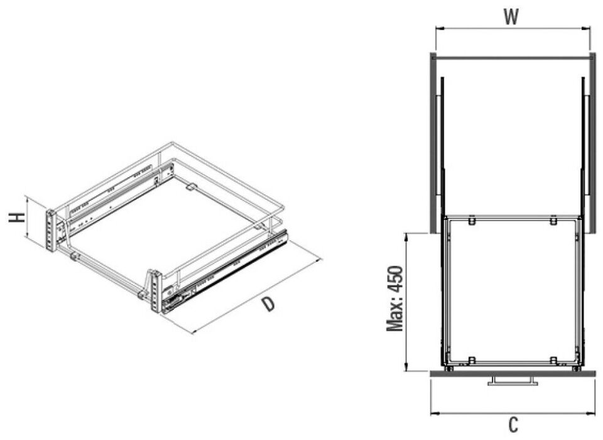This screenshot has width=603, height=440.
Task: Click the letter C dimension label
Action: pos(513,425)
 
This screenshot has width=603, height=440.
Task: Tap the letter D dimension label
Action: pos(268,304)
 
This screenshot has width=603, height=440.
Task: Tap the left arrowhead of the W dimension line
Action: pos(439,28)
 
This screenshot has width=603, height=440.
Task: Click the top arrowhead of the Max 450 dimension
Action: pos(406,236)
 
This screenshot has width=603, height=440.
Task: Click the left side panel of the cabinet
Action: pos(433,143)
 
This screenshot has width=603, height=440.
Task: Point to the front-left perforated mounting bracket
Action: pos(50,230)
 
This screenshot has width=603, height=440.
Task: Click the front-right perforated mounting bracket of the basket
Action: pos(155,292)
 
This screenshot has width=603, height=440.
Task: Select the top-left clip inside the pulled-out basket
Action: pos(472,221)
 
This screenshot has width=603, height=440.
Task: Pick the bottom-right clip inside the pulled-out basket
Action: pos(553,360)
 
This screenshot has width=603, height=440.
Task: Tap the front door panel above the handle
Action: pos(513,373)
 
